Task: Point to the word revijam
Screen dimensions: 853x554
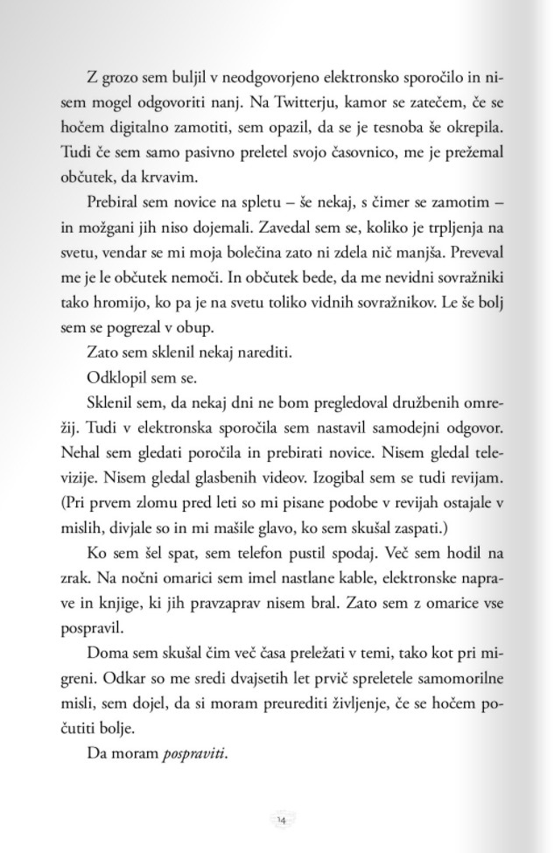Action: click(475, 479)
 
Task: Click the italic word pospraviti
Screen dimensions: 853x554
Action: click(193, 753)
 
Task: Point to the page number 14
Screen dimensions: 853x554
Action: click(281, 819)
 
